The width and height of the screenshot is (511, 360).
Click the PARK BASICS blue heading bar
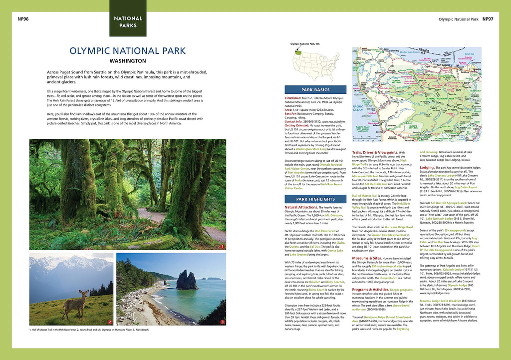(315, 90)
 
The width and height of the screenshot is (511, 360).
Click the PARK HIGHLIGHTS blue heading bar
(315, 199)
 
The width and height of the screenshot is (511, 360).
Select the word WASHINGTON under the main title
(128, 61)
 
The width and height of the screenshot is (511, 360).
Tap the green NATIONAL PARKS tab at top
(128, 21)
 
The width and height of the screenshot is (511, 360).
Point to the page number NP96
(22, 19)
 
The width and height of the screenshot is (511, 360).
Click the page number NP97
(488, 19)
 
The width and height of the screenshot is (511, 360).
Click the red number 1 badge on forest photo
(222, 246)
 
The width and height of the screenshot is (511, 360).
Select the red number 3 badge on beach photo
(222, 322)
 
